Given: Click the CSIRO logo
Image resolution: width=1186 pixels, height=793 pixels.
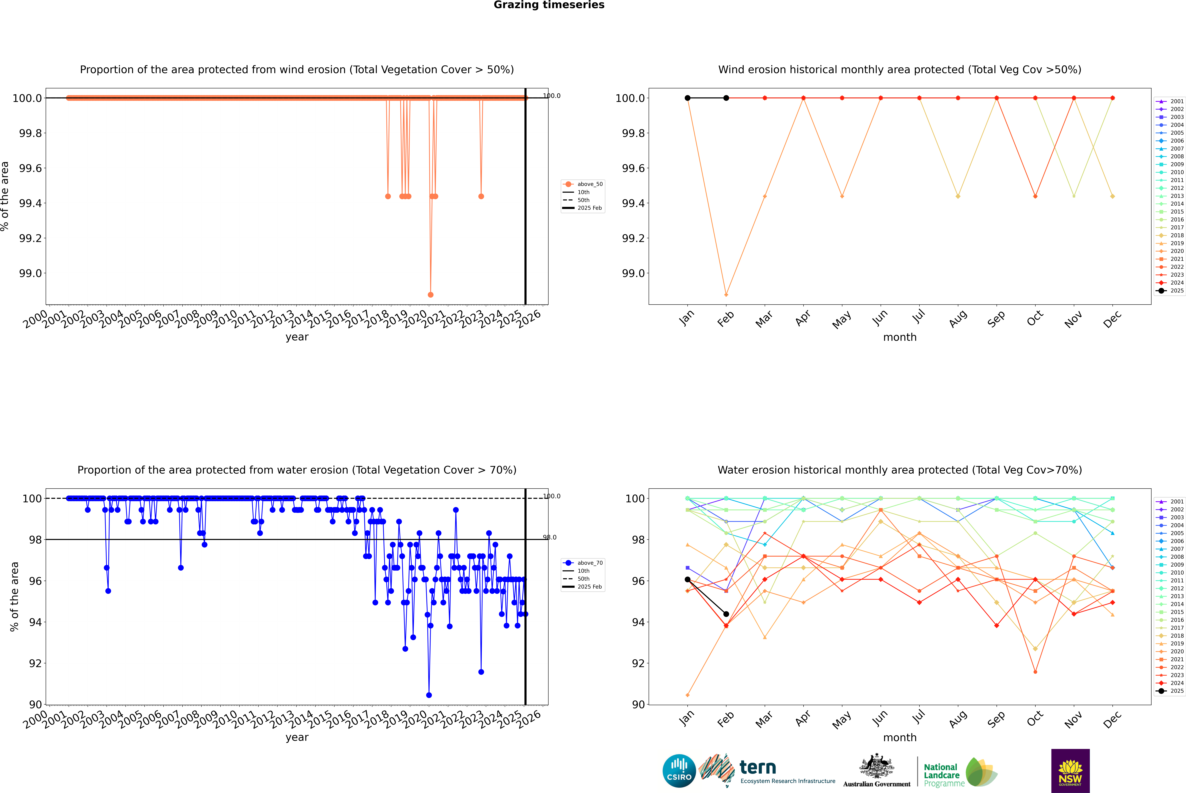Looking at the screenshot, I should coord(679,771).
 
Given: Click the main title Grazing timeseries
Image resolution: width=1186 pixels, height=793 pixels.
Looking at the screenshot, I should coord(549,5).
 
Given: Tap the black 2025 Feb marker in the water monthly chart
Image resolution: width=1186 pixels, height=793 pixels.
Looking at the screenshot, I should coord(726,614).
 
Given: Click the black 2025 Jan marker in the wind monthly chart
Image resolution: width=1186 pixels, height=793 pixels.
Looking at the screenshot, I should coord(688,98).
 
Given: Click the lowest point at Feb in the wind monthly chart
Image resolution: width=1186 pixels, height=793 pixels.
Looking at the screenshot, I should coord(726,294).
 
